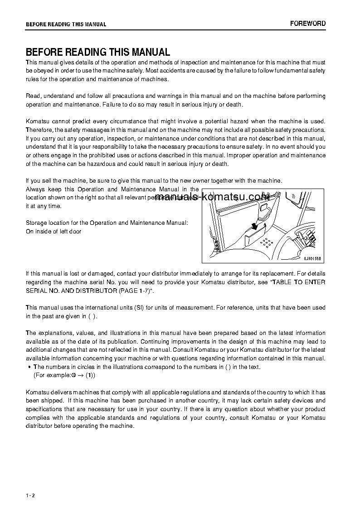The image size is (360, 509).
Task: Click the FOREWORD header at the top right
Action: [x=307, y=24]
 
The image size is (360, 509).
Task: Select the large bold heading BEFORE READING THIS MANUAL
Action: [x=97, y=52]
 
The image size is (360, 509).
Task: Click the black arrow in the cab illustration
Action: [x=256, y=226]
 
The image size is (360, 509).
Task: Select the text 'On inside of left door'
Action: [x=54, y=232]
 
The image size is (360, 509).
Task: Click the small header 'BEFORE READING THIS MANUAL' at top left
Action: [x=66, y=24]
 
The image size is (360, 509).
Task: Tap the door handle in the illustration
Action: [x=263, y=207]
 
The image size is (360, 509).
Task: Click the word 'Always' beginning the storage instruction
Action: [x=35, y=189]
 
